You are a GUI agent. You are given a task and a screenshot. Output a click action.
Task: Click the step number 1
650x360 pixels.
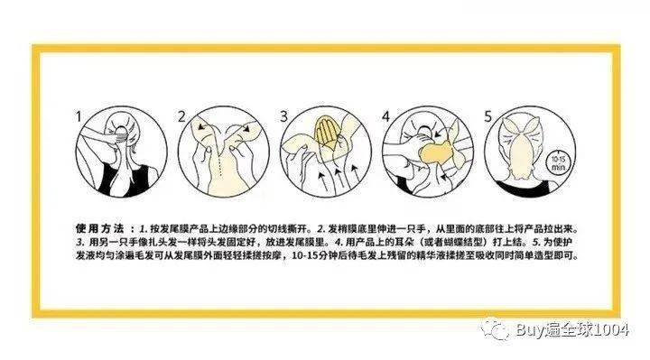[79, 116]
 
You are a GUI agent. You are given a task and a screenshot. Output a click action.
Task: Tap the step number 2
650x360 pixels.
[181, 116]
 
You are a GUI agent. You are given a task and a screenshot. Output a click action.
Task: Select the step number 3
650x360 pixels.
[283, 116]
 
